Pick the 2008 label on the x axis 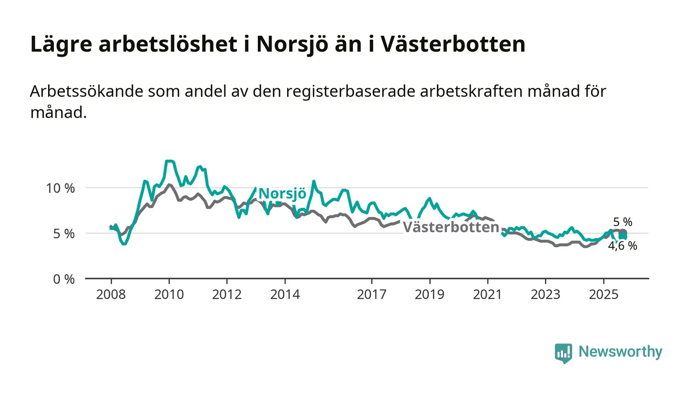pos(111,295)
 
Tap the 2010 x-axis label pos(169,295)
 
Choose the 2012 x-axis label pos(227,295)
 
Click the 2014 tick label pos(285,295)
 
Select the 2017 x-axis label pos(372,295)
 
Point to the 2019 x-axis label pos(430,295)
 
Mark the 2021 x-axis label pos(488,295)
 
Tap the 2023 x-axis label pos(545,295)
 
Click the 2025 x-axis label pos(603,295)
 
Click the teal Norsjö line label pos(282,194)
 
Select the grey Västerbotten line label pos(451,228)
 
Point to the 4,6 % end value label pos(623,246)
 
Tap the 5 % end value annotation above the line pos(623,222)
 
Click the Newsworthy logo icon pos(563,353)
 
